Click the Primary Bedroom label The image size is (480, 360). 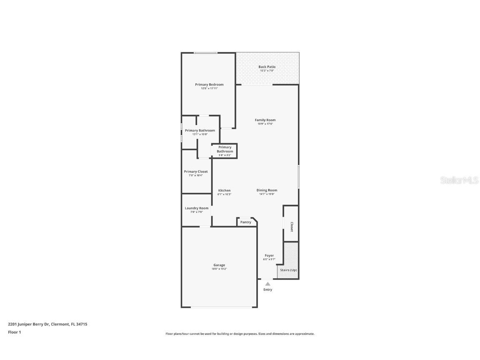point(209,85)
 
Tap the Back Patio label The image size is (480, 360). point(267,67)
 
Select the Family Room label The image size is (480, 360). point(265,120)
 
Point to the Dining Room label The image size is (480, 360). point(267,190)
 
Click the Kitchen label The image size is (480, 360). point(224,190)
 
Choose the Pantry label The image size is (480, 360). point(246,222)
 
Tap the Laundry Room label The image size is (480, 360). point(197,208)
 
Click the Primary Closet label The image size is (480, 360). point(196,172)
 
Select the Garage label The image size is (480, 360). point(219,265)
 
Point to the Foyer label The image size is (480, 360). point(269,255)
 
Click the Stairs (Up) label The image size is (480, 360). point(288,270)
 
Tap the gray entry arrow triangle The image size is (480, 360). point(268,284)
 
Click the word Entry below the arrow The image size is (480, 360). point(268,290)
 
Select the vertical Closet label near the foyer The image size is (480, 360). point(292,227)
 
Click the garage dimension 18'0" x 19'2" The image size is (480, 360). point(219,269)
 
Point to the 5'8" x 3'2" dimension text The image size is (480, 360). point(225,155)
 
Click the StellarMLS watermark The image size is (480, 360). point(460,180)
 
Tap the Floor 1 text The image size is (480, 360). point(14,332)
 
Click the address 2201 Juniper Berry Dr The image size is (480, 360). point(47,324)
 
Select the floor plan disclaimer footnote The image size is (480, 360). point(240,334)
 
